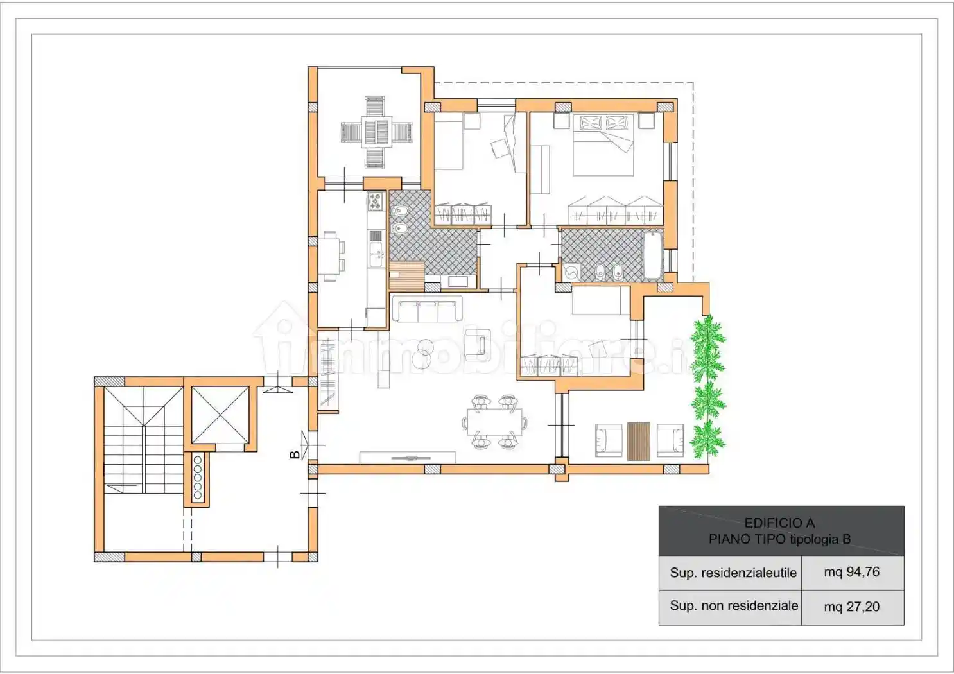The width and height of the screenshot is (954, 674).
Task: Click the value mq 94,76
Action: [852, 572]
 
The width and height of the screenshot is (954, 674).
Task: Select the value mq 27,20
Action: [852, 607]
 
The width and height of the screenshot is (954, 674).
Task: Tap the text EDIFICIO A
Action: [779, 523]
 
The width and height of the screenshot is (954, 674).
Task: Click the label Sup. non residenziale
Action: [734, 605]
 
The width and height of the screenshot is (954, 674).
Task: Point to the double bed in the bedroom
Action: [603, 145]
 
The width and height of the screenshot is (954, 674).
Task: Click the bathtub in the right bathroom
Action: [653, 256]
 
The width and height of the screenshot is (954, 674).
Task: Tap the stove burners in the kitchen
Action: [376, 202]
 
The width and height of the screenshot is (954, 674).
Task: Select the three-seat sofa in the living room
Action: [427, 309]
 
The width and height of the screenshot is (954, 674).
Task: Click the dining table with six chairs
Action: [494, 422]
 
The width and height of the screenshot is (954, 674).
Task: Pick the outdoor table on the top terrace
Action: [376, 132]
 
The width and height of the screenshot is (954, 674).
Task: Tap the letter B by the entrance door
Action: [294, 454]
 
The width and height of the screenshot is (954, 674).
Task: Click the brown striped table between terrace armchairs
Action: [638, 441]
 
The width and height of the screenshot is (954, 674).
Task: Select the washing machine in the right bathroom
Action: [571, 272]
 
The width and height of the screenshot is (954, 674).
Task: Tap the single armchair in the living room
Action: [477, 345]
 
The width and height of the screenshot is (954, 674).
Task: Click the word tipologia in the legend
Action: [814, 540]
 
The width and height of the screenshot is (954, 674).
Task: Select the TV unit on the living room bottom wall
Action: [408, 458]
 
